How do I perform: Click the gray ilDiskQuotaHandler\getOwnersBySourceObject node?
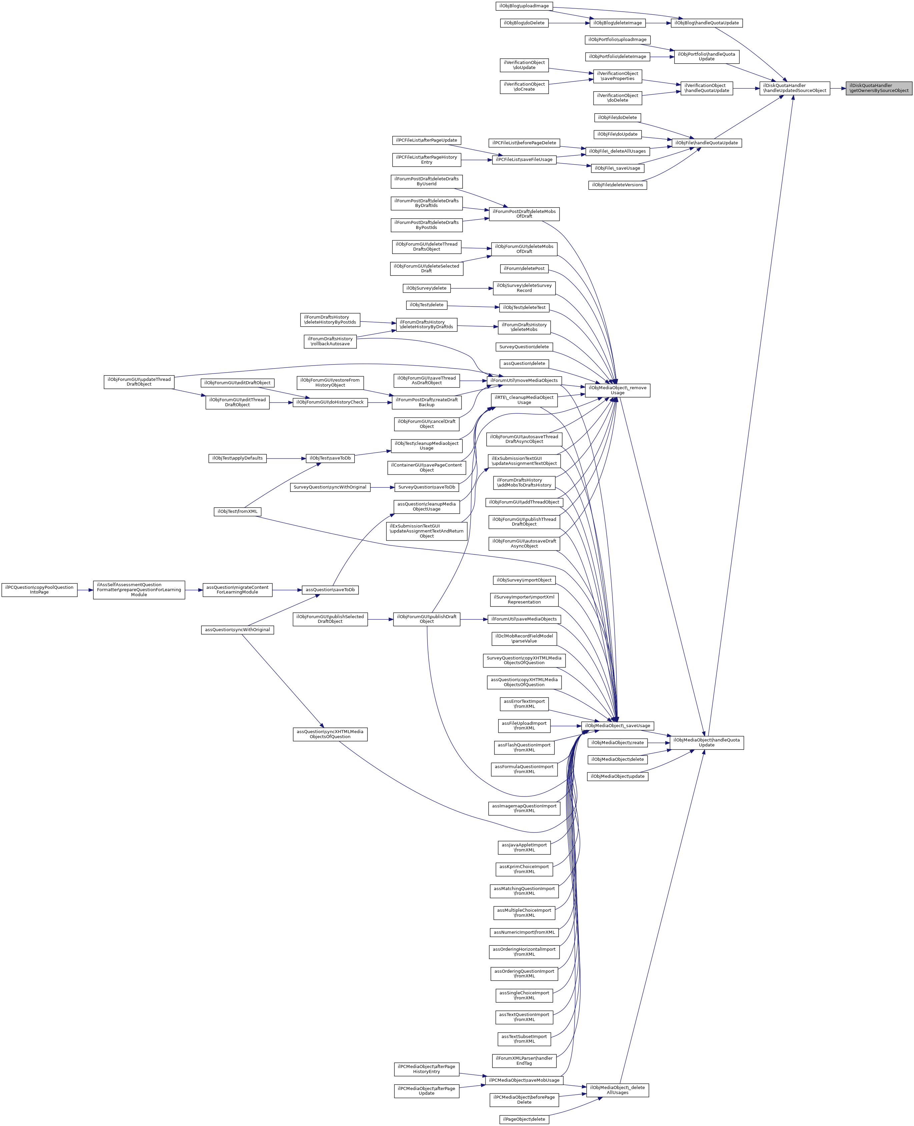click(879, 88)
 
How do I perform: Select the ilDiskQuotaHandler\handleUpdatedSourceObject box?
click(795, 88)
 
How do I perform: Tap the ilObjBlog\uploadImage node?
click(524, 6)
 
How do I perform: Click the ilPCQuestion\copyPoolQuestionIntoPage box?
click(39, 590)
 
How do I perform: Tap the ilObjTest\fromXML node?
click(237, 512)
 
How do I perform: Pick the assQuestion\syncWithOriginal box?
click(237, 630)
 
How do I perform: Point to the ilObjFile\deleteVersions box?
click(617, 185)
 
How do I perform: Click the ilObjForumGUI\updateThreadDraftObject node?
click(139, 382)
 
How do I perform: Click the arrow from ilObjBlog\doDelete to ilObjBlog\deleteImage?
click(569, 23)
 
